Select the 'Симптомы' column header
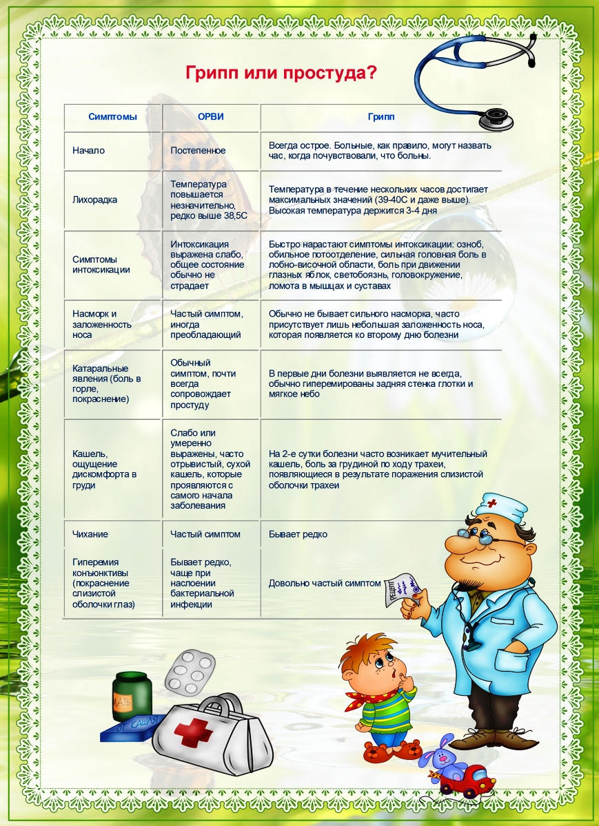coord(112,117)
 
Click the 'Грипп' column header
coord(382,117)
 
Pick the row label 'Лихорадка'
coord(94,200)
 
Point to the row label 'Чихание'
coord(90,534)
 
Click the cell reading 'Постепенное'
coord(198,150)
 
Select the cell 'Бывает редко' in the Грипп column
coord(298,534)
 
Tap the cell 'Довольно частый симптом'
coord(324,583)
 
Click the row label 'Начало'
coord(88,150)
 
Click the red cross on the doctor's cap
coord(492,502)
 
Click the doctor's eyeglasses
coord(486,539)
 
